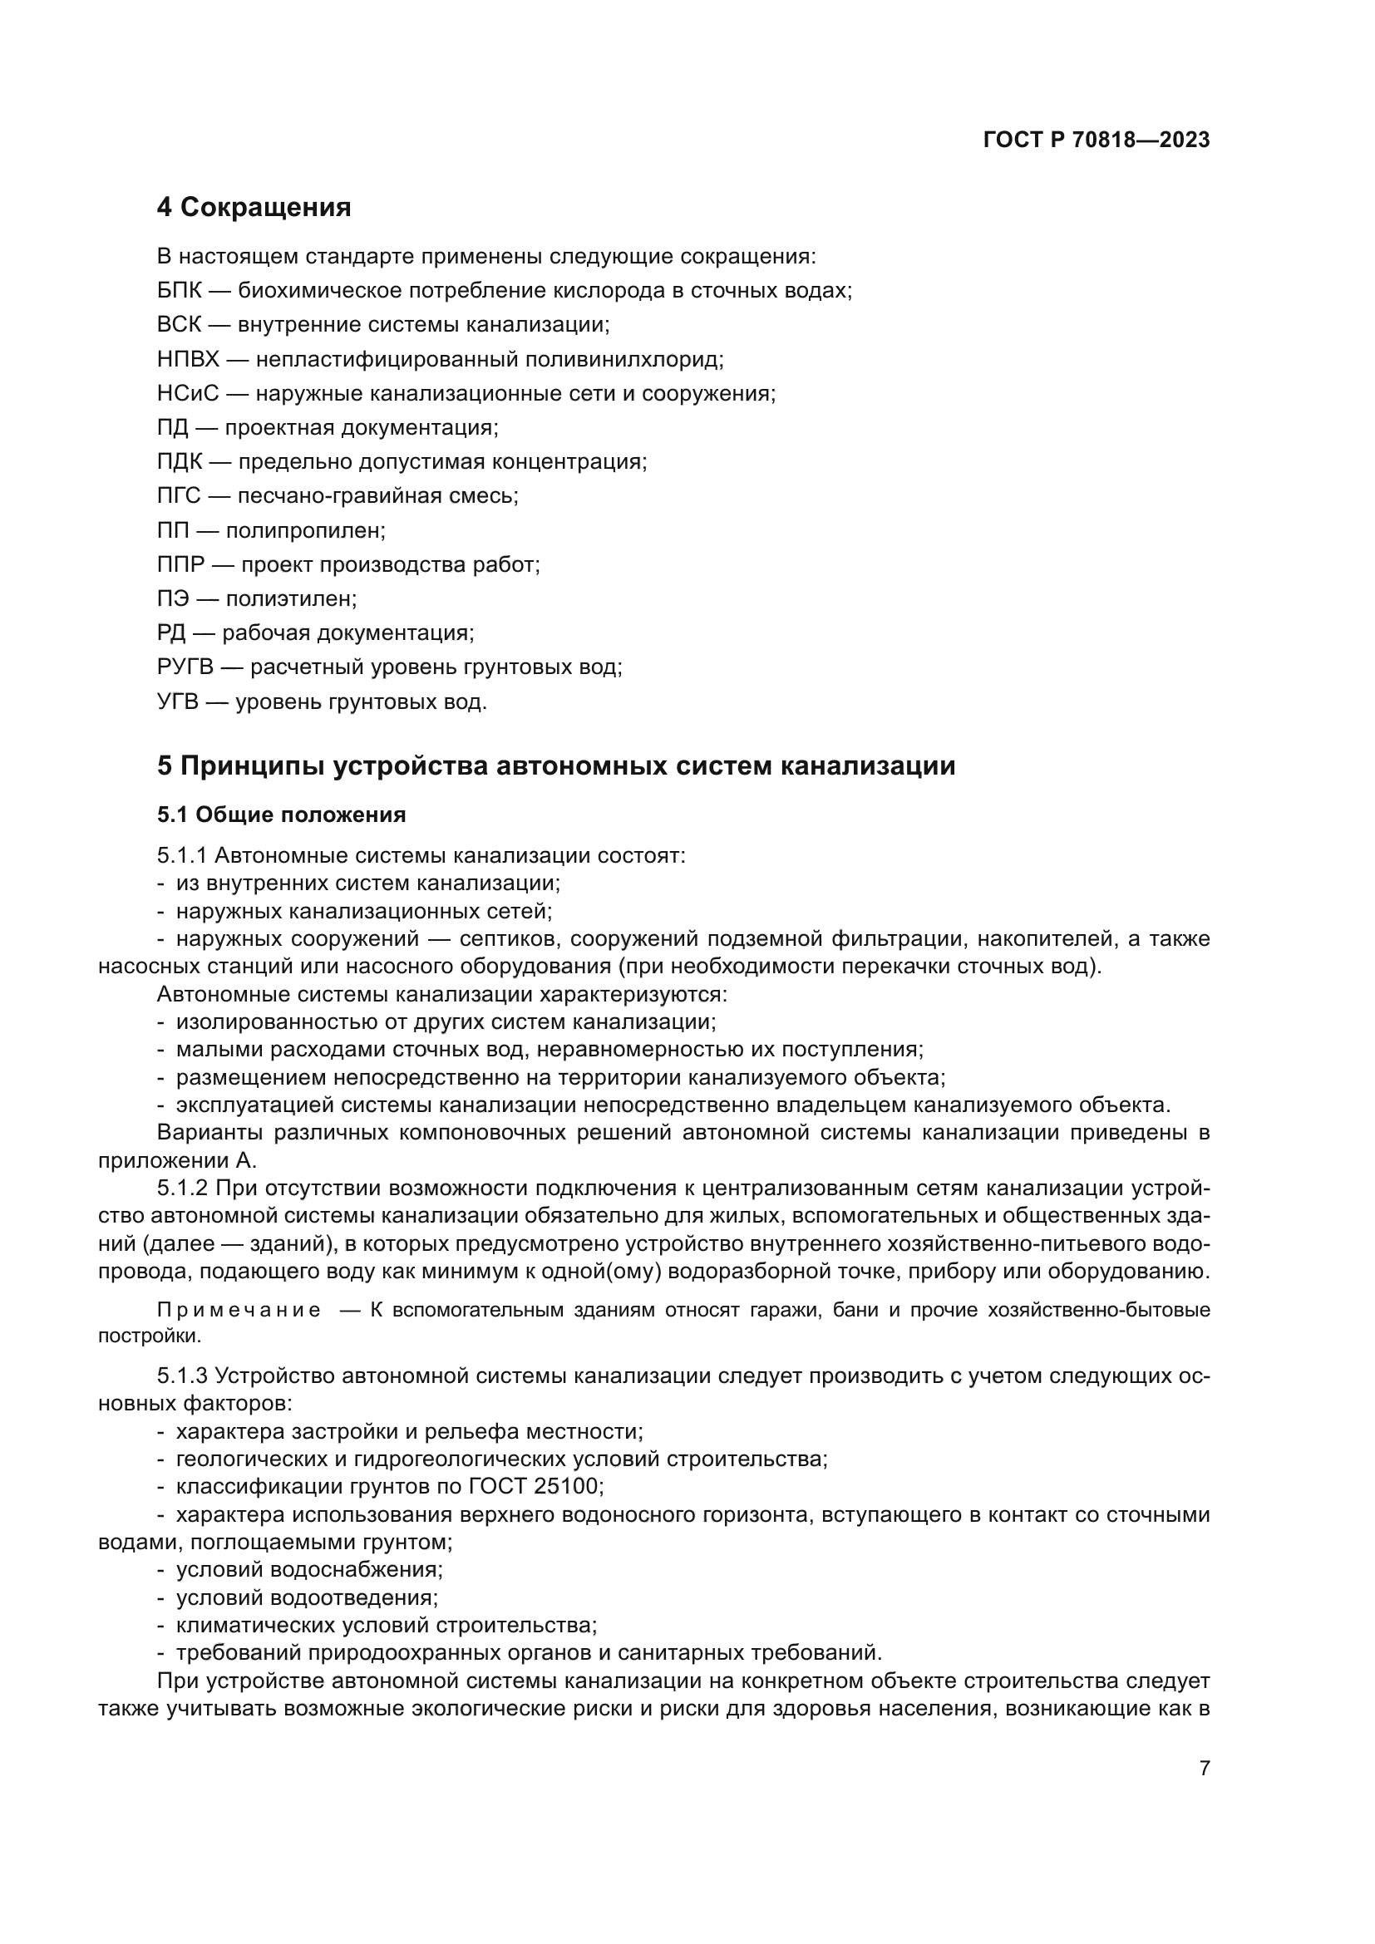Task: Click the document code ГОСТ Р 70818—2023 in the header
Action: pos(1096,140)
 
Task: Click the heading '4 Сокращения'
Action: pos(254,208)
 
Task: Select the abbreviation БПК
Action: pos(180,290)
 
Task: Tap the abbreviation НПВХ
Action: pos(188,359)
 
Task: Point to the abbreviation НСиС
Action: pos(188,394)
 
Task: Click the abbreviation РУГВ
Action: pos(185,667)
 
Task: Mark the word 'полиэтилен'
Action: pos(290,599)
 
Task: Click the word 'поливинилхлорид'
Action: pos(624,359)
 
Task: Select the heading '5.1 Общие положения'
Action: pos(281,815)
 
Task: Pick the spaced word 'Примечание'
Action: pos(239,1311)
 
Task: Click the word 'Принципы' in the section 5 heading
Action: pos(253,765)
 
